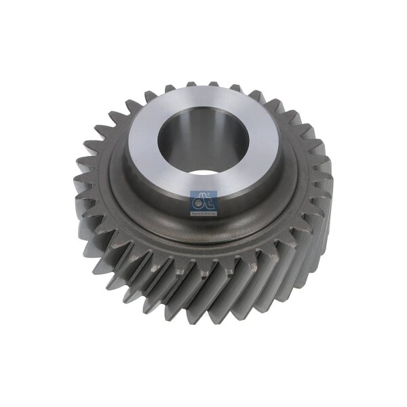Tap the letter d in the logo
[199, 199]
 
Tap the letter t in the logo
[208, 199]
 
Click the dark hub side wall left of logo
[153, 203]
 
